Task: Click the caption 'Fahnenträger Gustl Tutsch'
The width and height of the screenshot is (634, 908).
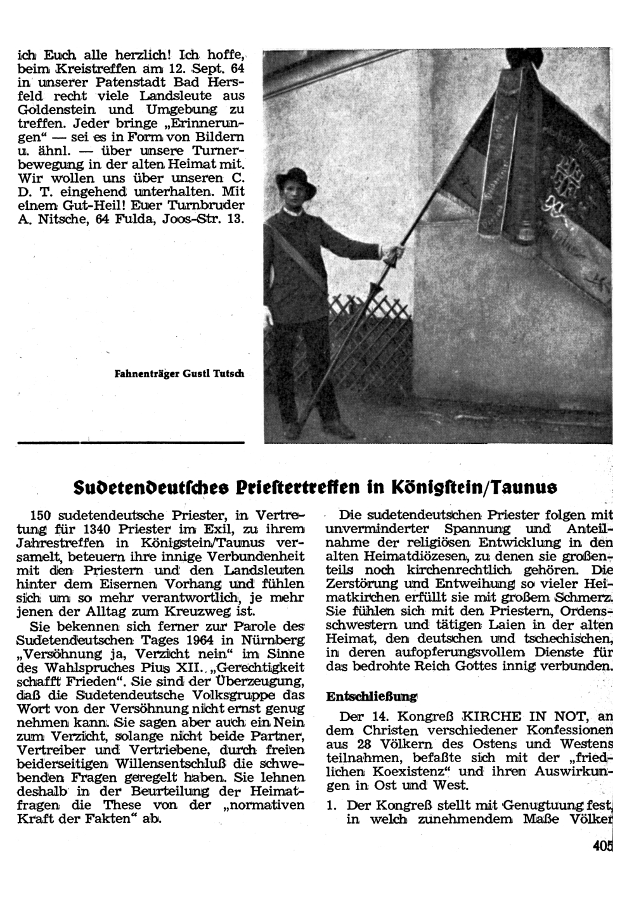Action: pyautogui.click(x=179, y=374)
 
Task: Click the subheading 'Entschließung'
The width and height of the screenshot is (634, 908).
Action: pyautogui.click(x=371, y=696)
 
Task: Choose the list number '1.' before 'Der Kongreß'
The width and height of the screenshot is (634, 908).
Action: pyautogui.click(x=331, y=805)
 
